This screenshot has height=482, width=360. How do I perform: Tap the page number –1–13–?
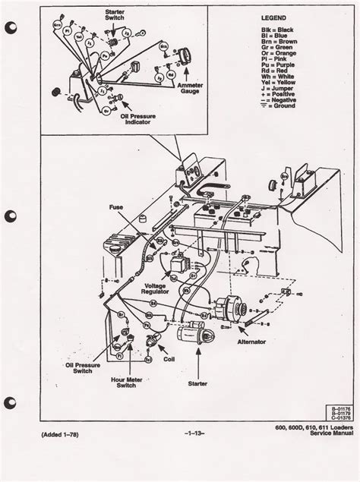183,455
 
